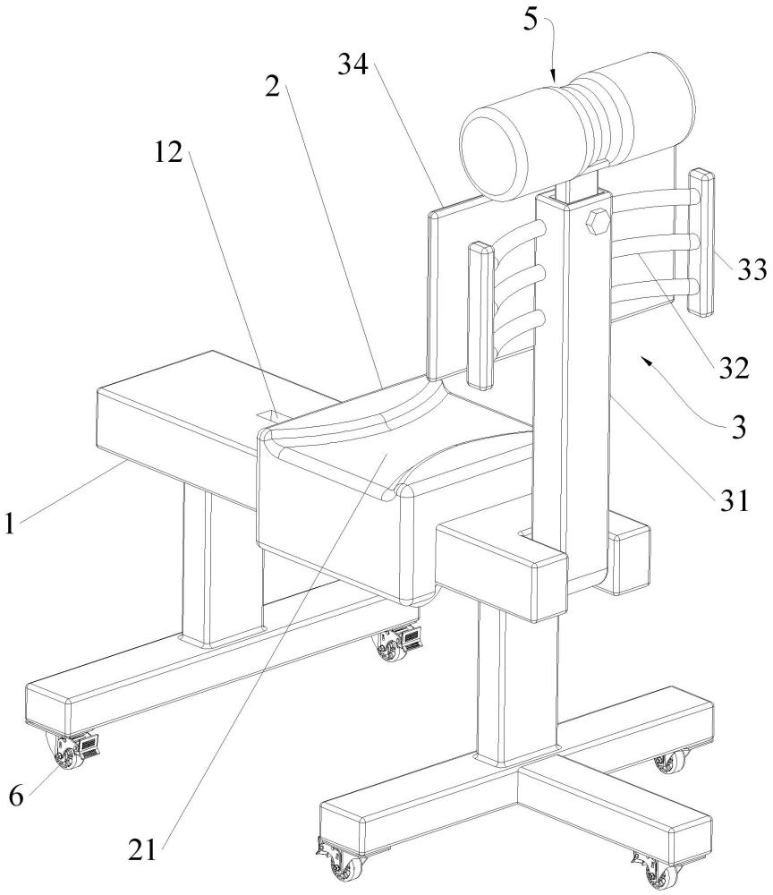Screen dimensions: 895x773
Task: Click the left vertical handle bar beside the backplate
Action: [480, 315]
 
